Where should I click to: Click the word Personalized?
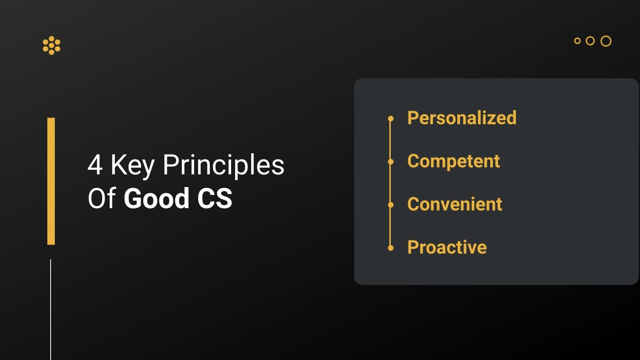[462, 118]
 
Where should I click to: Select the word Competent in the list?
[454, 161]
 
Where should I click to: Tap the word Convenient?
[455, 204]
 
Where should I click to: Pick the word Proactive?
[447, 247]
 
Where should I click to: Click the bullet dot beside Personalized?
[391, 119]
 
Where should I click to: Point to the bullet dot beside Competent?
[391, 162]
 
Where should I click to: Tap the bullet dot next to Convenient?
[391, 205]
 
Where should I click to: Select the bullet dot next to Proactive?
[391, 248]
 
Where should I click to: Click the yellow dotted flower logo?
[52, 45]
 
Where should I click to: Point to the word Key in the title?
[133, 166]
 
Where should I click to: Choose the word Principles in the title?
[223, 166]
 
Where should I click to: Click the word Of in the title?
[102, 198]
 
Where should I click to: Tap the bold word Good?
[156, 198]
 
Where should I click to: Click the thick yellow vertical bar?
[51, 181]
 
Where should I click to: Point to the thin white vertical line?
[51, 310]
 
